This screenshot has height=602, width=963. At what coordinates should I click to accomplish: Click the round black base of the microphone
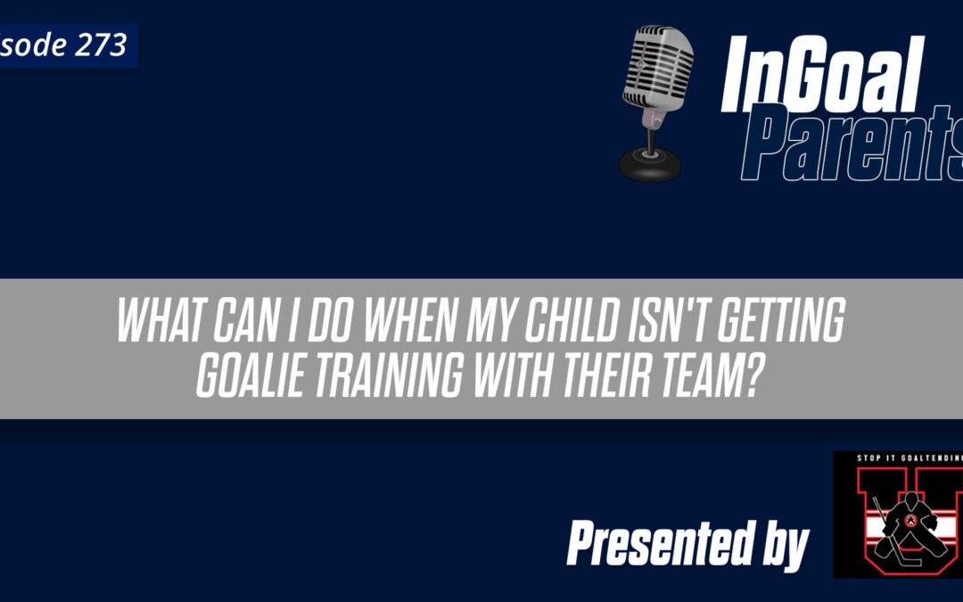click(648, 166)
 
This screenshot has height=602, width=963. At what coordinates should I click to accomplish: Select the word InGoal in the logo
click(819, 77)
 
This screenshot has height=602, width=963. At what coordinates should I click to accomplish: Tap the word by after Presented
click(784, 544)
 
